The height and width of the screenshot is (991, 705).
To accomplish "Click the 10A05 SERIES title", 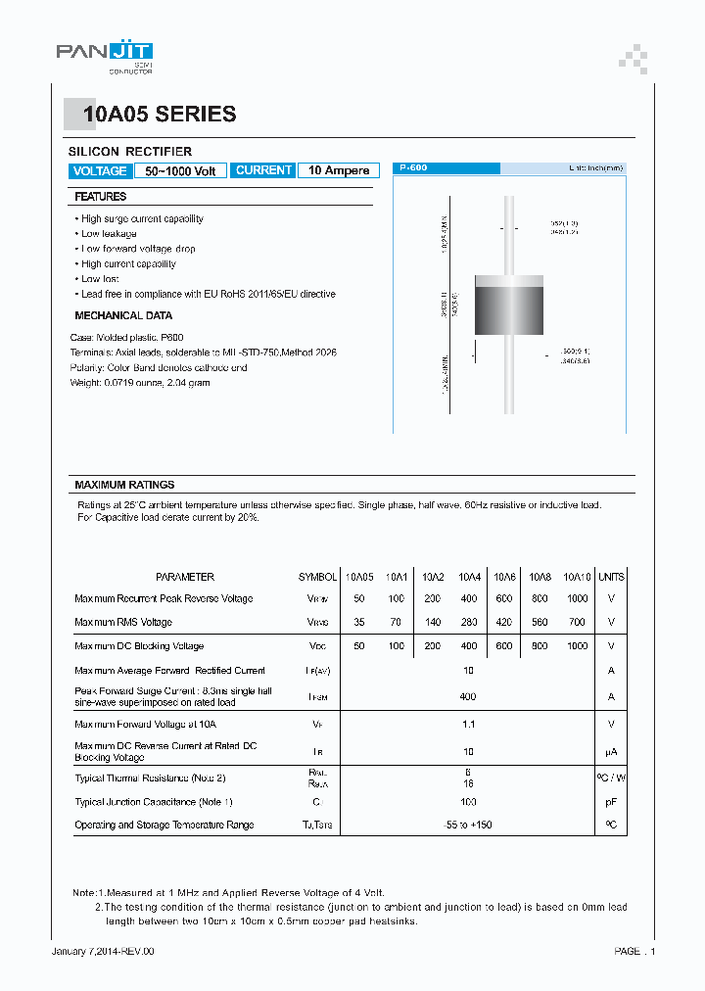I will (x=160, y=115).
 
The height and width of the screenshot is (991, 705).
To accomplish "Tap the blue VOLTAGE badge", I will (x=99, y=171).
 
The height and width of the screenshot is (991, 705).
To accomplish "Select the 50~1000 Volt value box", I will (x=180, y=171).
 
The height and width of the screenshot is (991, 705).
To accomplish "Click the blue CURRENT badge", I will (x=263, y=170).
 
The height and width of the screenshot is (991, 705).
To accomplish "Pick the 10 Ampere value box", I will (x=339, y=170).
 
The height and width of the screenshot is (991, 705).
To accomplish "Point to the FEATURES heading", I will (x=101, y=197).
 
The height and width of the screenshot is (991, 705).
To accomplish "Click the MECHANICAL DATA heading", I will (x=123, y=315).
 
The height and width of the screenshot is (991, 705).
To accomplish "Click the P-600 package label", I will (x=413, y=168).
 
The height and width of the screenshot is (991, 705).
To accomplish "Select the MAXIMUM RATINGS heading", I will (x=124, y=485).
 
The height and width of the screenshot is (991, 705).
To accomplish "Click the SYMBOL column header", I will (x=317, y=577).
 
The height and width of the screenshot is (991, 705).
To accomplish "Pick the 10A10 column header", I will (x=578, y=577).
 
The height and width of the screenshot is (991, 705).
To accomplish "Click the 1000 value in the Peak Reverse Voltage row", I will (x=578, y=598).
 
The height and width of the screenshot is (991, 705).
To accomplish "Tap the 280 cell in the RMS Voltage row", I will (x=468, y=622).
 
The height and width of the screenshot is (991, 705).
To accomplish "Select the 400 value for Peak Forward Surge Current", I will (x=468, y=697).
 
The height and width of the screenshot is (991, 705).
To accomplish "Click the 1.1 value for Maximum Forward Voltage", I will (x=468, y=725).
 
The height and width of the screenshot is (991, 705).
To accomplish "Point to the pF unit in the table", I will (x=611, y=802).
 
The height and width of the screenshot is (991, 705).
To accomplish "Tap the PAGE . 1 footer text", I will (x=634, y=951).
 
